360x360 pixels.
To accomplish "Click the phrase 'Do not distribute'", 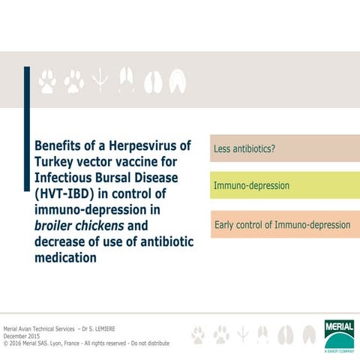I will (150, 343).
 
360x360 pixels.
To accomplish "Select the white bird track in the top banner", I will (99, 81).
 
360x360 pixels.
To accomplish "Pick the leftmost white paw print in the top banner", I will (47, 81).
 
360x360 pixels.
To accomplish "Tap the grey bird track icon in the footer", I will (242, 334).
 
